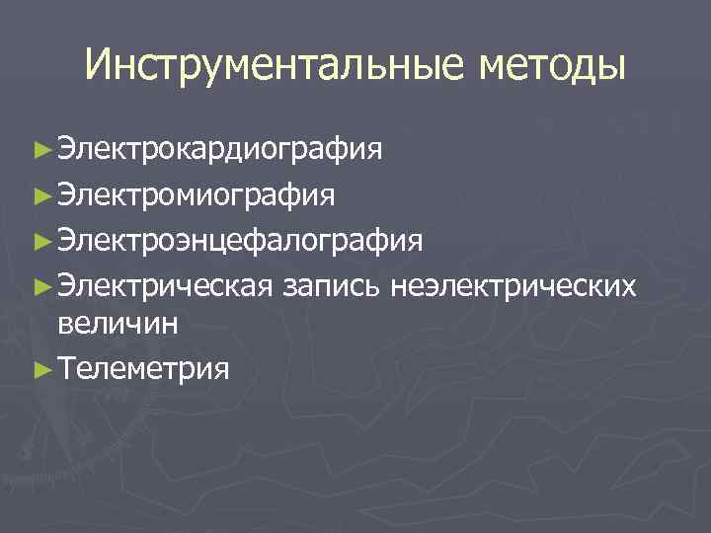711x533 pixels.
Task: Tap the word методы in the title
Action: point(553,65)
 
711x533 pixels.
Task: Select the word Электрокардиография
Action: point(219,151)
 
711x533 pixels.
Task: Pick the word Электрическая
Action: point(164,284)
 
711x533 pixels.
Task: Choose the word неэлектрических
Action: point(513,284)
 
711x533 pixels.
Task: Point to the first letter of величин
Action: point(66,324)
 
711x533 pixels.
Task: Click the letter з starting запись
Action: point(288,286)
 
